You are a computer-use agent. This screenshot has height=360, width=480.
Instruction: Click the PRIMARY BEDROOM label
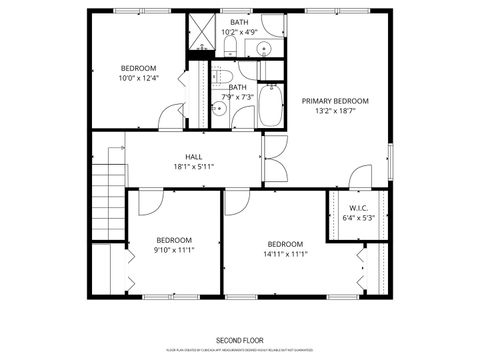tap(336, 101)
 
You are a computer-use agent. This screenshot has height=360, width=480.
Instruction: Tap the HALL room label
tap(193, 156)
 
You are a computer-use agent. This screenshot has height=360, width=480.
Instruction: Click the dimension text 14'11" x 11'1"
tap(285, 254)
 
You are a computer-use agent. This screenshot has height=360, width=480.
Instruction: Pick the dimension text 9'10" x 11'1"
tap(174, 250)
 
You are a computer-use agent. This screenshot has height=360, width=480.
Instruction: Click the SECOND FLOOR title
tap(239, 340)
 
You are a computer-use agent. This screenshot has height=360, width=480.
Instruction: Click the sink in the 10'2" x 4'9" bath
tap(265, 47)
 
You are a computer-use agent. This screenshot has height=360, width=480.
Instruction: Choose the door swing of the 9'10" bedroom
tap(149, 203)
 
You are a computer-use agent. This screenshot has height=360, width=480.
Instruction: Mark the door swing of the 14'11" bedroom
tap(236, 203)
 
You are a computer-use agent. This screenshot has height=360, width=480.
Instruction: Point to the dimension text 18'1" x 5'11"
tap(193, 167)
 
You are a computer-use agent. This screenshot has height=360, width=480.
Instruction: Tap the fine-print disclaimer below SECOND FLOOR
tap(239, 350)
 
